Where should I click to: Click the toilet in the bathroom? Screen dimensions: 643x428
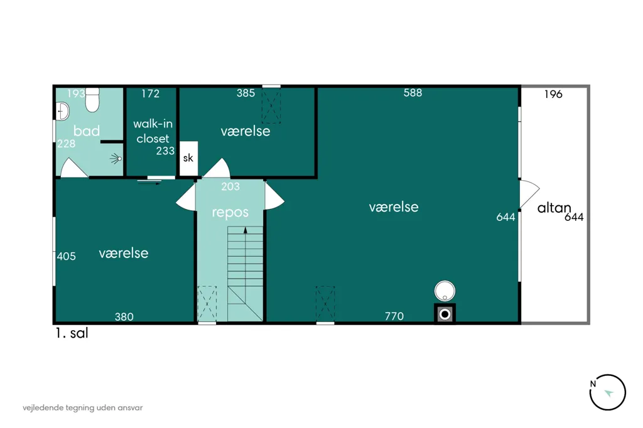(x=92, y=100)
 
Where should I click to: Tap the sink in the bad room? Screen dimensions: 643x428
(x=62, y=111)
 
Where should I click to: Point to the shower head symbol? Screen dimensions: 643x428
(x=116, y=159)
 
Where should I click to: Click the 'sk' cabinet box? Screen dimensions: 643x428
(x=188, y=159)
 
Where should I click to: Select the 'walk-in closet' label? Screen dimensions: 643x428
(x=153, y=131)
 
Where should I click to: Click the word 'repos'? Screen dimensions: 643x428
(x=230, y=213)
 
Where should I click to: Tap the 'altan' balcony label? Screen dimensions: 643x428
(x=554, y=208)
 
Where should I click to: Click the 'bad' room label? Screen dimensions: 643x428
(x=87, y=131)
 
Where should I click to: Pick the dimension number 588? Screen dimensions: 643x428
(x=413, y=93)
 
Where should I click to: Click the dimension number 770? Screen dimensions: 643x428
(x=394, y=316)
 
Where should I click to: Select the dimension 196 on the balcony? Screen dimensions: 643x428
(x=553, y=94)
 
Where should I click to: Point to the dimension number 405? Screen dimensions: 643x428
(x=67, y=256)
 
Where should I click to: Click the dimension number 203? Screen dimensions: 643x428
(x=230, y=186)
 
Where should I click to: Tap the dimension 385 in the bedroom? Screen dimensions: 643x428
(x=246, y=93)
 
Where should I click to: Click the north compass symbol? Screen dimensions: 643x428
(x=608, y=392)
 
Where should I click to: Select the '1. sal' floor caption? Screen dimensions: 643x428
(x=72, y=333)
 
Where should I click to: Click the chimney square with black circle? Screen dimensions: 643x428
(x=445, y=314)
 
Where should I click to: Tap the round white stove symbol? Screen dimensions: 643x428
(x=445, y=291)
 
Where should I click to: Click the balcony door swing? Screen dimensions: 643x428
(x=529, y=194)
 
